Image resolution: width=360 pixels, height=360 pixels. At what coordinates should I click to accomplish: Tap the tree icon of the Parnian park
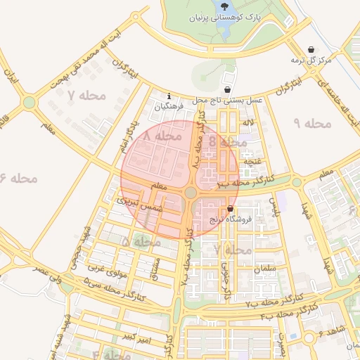point(233,5)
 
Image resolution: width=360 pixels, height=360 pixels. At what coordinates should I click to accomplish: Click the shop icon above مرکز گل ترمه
point(311,49)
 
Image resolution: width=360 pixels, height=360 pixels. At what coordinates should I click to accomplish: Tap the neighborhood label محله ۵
point(136,242)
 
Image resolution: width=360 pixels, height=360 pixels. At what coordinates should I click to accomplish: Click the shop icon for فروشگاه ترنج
point(231,209)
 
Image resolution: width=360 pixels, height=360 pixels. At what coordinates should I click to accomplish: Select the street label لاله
point(247,123)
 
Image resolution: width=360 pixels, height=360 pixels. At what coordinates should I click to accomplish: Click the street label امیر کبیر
point(134,339)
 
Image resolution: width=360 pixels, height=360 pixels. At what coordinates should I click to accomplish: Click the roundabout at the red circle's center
point(191,193)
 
